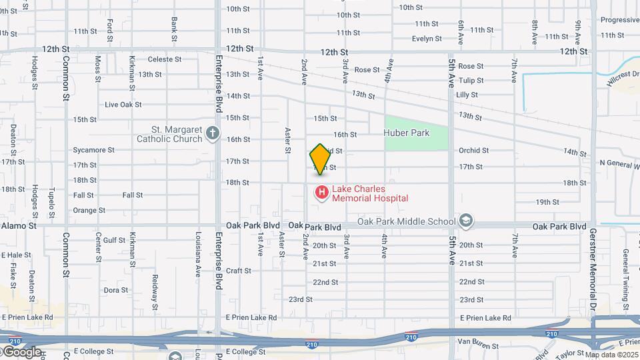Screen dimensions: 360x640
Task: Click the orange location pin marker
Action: click(320, 159)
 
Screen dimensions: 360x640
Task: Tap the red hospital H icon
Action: click(321, 193)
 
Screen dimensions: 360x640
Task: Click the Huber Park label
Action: click(407, 133)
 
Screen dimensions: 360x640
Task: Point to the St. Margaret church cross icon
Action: click(213, 133)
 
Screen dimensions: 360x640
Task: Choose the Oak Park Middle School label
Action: click(406, 221)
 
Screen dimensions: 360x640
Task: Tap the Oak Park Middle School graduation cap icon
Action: click(465, 221)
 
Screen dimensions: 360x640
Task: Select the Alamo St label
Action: click(18, 226)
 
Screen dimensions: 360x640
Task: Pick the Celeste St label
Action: click(164, 59)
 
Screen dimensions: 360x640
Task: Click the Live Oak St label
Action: click(123, 105)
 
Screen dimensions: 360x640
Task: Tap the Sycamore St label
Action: click(94, 150)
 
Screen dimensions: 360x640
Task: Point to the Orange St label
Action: click(89, 211)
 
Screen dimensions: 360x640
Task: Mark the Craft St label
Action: click(238, 271)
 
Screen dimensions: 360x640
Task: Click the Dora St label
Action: click(116, 290)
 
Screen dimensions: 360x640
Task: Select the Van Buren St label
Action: click(474, 341)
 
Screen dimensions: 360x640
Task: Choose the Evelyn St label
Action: click(427, 39)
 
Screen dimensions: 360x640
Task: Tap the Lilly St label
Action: click(467, 95)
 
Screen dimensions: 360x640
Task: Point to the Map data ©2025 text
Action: click(612, 355)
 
